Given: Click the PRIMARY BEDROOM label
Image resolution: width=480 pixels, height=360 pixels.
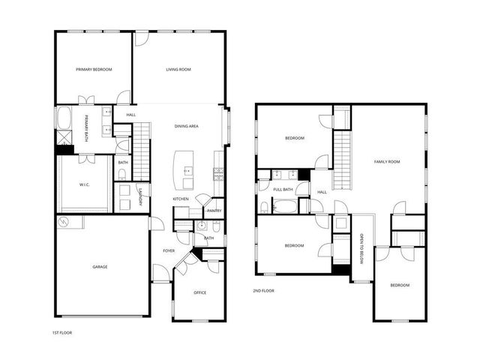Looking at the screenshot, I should [x=94, y=70].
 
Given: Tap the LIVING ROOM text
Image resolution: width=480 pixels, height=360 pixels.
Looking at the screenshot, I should [x=178, y=70].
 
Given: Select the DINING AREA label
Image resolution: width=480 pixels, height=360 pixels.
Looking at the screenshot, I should [x=186, y=127].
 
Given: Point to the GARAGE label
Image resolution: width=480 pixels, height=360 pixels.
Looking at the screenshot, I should [x=100, y=267].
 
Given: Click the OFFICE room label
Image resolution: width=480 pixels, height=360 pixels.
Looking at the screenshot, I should [x=199, y=292].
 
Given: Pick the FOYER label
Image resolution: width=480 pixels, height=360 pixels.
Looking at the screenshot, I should [x=169, y=250].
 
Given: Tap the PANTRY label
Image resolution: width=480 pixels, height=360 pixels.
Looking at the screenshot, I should [x=214, y=211].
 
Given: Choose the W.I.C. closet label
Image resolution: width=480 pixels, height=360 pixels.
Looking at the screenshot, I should [x=85, y=184].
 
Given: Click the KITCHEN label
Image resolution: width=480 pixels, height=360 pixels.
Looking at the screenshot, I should [x=181, y=199].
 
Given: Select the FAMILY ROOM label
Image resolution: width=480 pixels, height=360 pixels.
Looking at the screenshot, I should [x=388, y=162].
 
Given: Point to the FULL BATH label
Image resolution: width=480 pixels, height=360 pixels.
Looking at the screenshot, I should [x=283, y=190].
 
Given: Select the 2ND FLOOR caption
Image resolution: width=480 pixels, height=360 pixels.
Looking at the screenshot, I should [x=264, y=290].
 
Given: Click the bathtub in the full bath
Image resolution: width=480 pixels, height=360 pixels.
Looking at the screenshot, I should [x=274, y=207].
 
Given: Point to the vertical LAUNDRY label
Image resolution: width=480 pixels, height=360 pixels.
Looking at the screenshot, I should [x=139, y=197].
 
